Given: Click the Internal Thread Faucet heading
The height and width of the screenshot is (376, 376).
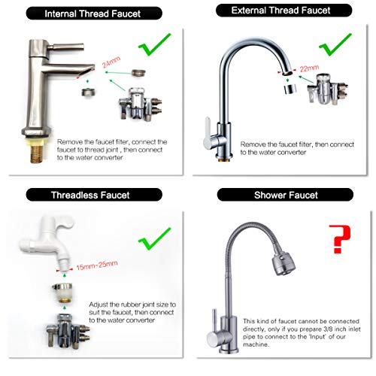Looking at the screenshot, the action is pyautogui.click(x=92, y=14).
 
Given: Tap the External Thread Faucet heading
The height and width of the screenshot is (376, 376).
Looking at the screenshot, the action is pyautogui.click(x=280, y=11).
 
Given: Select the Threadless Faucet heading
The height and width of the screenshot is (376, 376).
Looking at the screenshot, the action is pyautogui.click(x=90, y=195).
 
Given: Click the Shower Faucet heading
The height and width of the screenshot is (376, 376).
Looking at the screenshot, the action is pyautogui.click(x=286, y=195).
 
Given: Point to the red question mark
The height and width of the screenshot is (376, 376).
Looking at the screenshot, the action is pyautogui.click(x=340, y=239).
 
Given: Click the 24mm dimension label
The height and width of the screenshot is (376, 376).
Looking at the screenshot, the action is pyautogui.click(x=111, y=62).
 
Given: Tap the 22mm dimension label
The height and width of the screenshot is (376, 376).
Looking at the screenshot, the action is pyautogui.click(x=309, y=68).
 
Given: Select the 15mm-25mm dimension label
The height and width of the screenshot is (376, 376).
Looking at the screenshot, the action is pyautogui.click(x=97, y=265).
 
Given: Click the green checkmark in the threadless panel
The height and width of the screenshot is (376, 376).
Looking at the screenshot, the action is pyautogui.click(x=154, y=239).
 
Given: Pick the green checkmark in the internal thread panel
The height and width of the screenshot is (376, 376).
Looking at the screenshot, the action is pyautogui.click(x=154, y=44).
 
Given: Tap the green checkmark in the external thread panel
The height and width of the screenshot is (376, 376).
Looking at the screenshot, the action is pyautogui.click(x=335, y=44).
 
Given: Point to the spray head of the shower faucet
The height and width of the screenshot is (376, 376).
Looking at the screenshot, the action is pyautogui.click(x=284, y=264).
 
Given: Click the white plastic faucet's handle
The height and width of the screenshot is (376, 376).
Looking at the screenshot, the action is pyautogui.click(x=65, y=223).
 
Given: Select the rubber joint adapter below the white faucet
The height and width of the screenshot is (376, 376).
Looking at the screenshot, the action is pyautogui.click(x=62, y=293).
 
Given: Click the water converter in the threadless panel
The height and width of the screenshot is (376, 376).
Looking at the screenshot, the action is pyautogui.click(x=68, y=331).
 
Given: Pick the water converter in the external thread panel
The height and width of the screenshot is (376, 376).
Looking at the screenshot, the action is pyautogui.click(x=327, y=89).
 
